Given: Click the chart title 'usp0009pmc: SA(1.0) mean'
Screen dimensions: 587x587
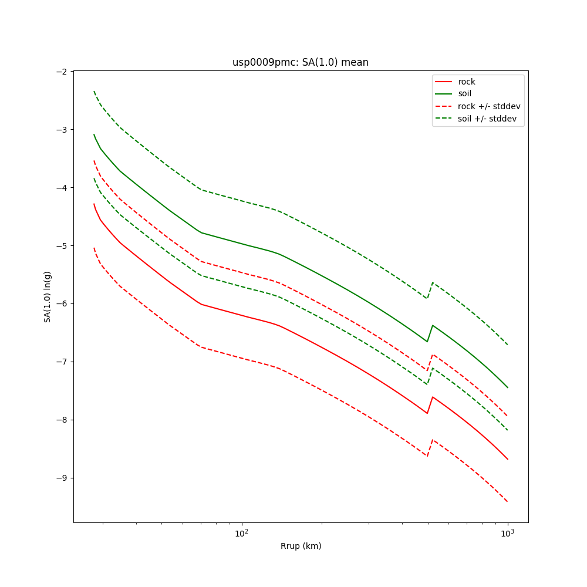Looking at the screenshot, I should tap(301, 62).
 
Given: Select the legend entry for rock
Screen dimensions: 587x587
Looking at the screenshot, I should tap(467, 82).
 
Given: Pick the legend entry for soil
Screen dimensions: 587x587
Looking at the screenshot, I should tap(464, 94).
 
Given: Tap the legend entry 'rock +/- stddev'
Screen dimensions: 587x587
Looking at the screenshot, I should tap(489, 106).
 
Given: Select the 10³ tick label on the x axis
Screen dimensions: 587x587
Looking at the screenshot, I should tap(507, 533).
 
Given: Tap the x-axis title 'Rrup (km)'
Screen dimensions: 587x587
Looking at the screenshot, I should tap(301, 546).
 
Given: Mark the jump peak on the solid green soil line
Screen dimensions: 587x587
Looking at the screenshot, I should tap(433, 325).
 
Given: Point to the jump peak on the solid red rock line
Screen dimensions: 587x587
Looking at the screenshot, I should tap(433, 397).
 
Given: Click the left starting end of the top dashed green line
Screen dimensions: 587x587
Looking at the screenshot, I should tap(94, 91).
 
